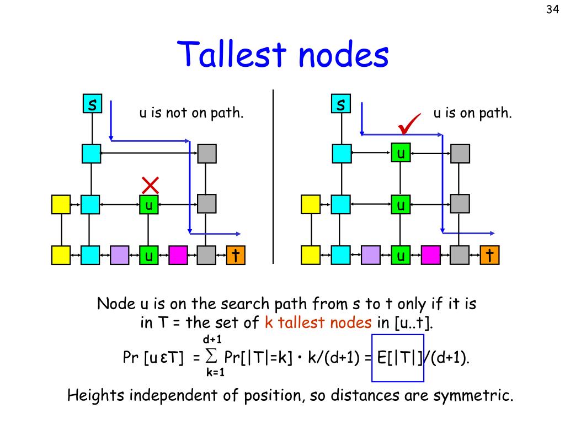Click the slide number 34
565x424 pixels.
tap(552, 9)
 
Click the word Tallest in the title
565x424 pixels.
tap(232, 54)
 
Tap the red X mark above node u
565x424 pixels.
tap(150, 185)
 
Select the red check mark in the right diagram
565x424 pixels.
tap(409, 123)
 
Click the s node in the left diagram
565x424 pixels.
tap(92, 104)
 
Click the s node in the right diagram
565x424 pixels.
tap(341, 104)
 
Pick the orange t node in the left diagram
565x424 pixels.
tap(236, 255)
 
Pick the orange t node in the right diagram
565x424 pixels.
tap(490, 255)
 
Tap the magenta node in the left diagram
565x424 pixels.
tap(178, 255)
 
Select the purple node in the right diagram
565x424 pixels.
tap(371, 255)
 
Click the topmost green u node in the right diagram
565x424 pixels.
tap(401, 153)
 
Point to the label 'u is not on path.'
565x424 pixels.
tap(191, 113)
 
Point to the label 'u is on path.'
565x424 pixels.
tap(472, 113)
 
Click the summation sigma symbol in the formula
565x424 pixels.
tap(211, 356)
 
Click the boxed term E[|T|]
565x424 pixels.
tap(398, 358)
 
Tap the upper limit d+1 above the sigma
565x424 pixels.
tap(212, 340)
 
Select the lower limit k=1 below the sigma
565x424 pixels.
tap(216, 373)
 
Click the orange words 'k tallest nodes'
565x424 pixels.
tap(318, 322)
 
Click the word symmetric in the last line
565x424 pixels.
tap(473, 395)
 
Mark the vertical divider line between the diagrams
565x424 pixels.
tap(273, 177)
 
